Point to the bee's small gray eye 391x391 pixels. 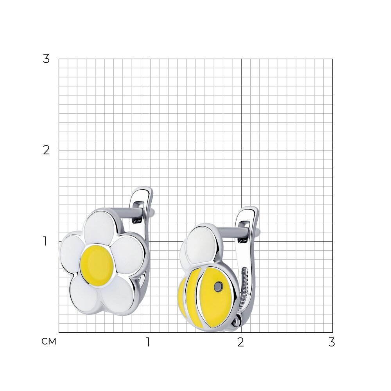coord(219,286)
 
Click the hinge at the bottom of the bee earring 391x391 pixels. coord(237,321)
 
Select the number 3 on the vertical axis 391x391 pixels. coord(46,59)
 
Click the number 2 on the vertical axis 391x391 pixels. coord(46,151)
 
